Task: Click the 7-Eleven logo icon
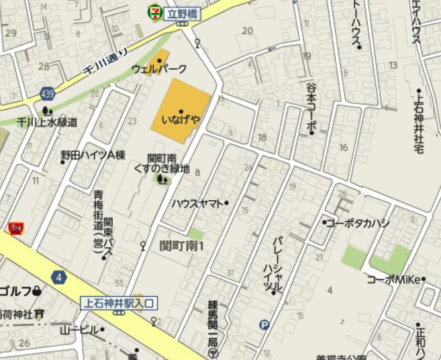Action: [x=154, y=11]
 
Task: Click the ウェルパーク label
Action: [x=159, y=69]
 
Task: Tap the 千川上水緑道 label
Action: [x=48, y=122]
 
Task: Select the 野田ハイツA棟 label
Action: [x=93, y=155]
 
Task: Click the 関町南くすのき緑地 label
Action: [x=162, y=163]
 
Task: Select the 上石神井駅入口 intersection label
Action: [x=118, y=303]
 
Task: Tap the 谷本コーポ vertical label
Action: [x=311, y=107]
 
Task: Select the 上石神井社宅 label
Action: [x=419, y=122]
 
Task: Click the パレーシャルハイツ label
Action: [x=276, y=263]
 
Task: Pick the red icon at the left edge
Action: [x=13, y=228]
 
